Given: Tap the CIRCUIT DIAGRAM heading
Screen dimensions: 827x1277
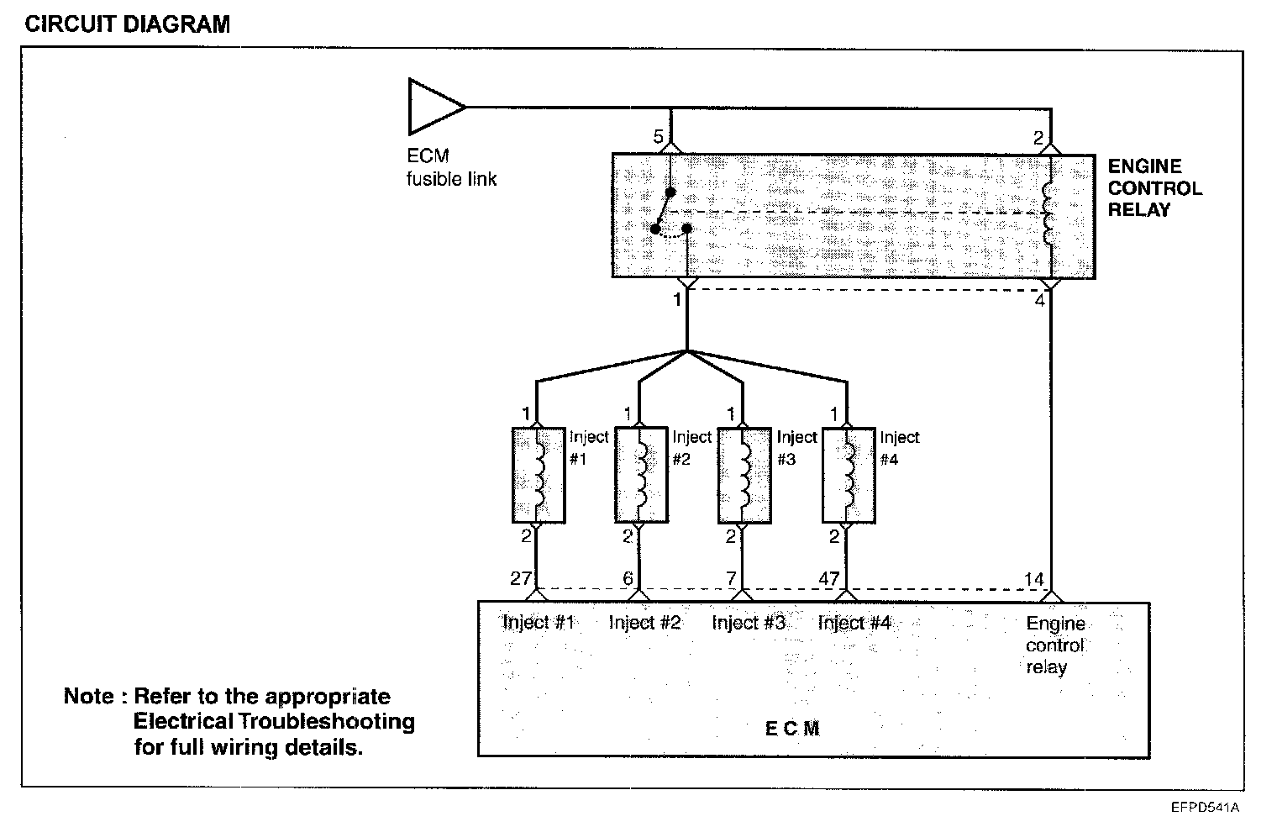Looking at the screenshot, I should tap(127, 24).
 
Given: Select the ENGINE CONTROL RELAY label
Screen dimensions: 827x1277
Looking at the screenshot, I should tap(1154, 188).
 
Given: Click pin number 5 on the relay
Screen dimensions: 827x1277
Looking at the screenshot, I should tap(659, 137).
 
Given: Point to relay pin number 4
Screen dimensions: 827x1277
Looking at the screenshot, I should tap(1040, 300).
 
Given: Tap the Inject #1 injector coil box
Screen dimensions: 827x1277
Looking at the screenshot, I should tap(538, 475).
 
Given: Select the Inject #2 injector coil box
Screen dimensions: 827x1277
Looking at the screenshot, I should tap(640, 475).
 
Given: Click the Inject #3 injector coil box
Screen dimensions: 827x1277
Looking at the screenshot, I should tap(744, 475).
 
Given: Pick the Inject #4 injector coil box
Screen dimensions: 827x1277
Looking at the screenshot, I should tap(847, 475).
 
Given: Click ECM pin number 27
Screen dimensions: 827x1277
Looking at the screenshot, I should tap(521, 578).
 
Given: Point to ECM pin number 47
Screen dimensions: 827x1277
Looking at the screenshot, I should tap(829, 578).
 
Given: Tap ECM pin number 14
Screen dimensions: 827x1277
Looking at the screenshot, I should tap(1033, 579).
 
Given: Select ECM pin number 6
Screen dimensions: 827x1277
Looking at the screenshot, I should tap(628, 578).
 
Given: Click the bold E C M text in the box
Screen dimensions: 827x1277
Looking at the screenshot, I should tap(792, 729).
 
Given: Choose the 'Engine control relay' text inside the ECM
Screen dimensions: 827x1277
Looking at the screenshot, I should tap(1055, 645).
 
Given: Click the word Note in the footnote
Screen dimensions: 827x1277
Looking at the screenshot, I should tap(88, 697).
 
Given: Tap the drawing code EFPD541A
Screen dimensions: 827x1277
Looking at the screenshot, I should tap(1206, 808).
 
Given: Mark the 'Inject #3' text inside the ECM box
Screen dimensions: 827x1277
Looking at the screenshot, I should tap(748, 623).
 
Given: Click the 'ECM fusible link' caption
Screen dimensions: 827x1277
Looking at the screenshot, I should tap(451, 167).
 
